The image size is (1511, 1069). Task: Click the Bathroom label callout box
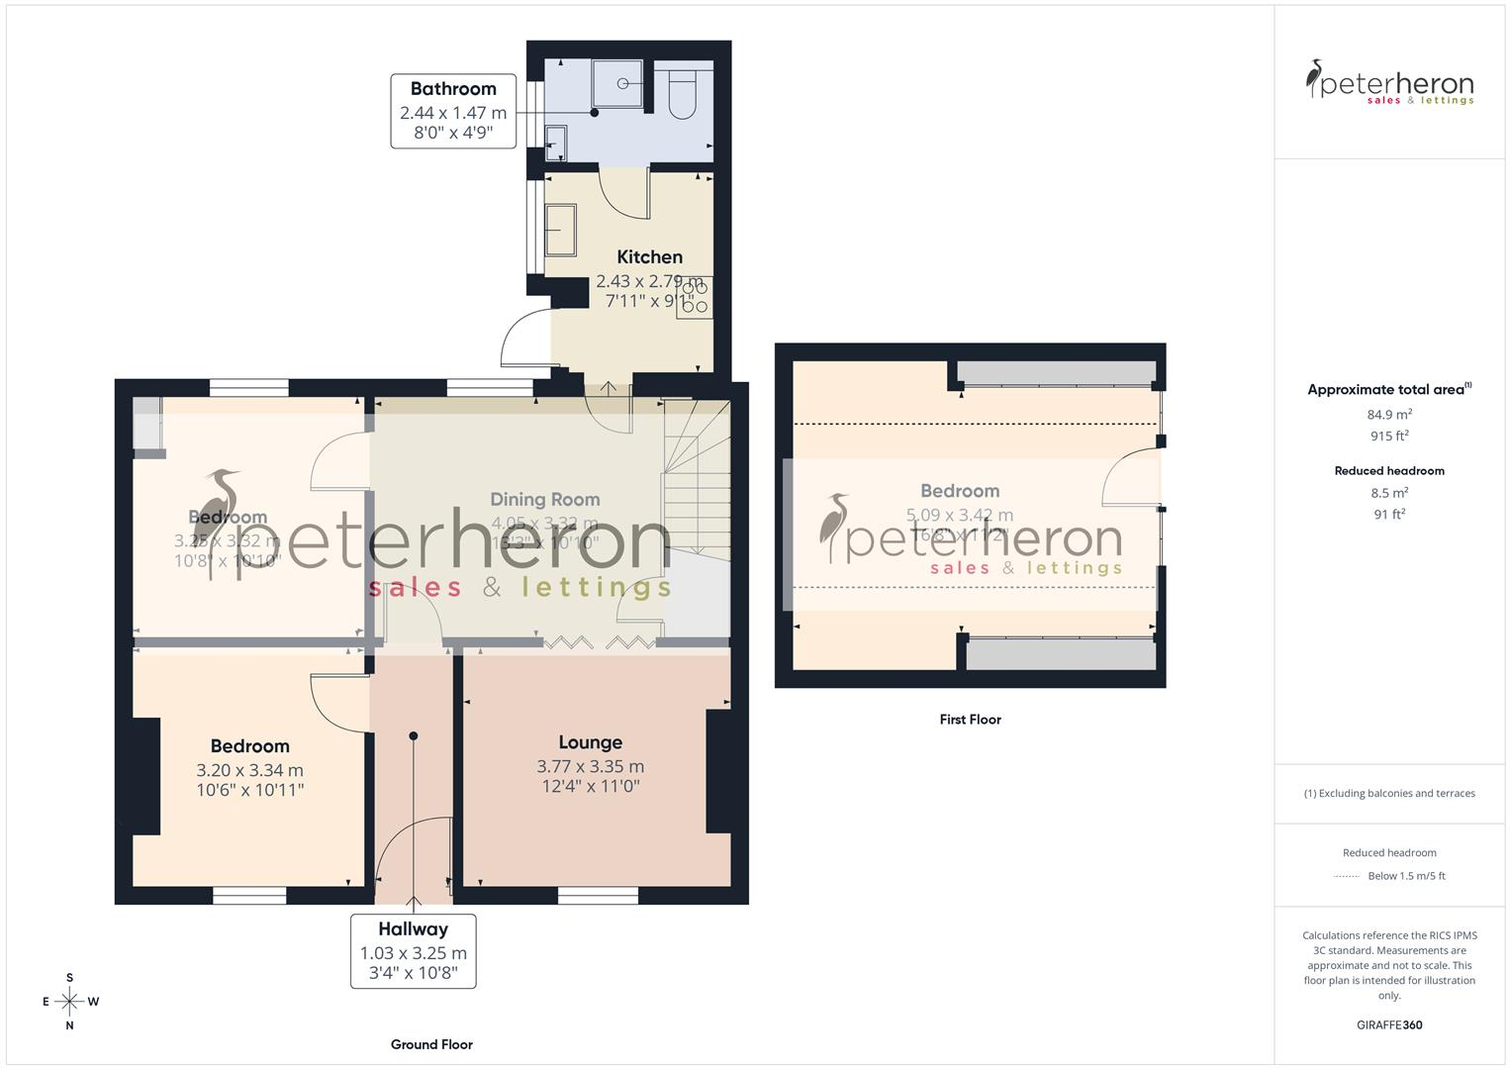[453, 111]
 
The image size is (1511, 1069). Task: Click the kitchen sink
[560, 230]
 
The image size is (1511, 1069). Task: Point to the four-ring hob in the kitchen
[695, 299]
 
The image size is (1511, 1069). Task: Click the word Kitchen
[649, 257]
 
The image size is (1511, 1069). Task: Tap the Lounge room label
[591, 742]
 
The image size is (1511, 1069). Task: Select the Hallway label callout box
[413, 951]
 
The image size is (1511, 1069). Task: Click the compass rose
[69, 1002]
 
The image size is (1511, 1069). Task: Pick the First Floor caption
[970, 720]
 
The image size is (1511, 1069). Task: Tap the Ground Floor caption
[431, 1044]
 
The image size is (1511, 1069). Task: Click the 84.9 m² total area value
[1389, 415]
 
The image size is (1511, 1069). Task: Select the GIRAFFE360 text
[1389, 1024]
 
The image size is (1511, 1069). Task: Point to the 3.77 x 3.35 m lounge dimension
[591, 766]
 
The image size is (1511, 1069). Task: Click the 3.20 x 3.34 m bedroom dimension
[249, 770]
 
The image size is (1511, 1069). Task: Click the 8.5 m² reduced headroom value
[1389, 493]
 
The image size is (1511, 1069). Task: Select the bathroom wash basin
[557, 143]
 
